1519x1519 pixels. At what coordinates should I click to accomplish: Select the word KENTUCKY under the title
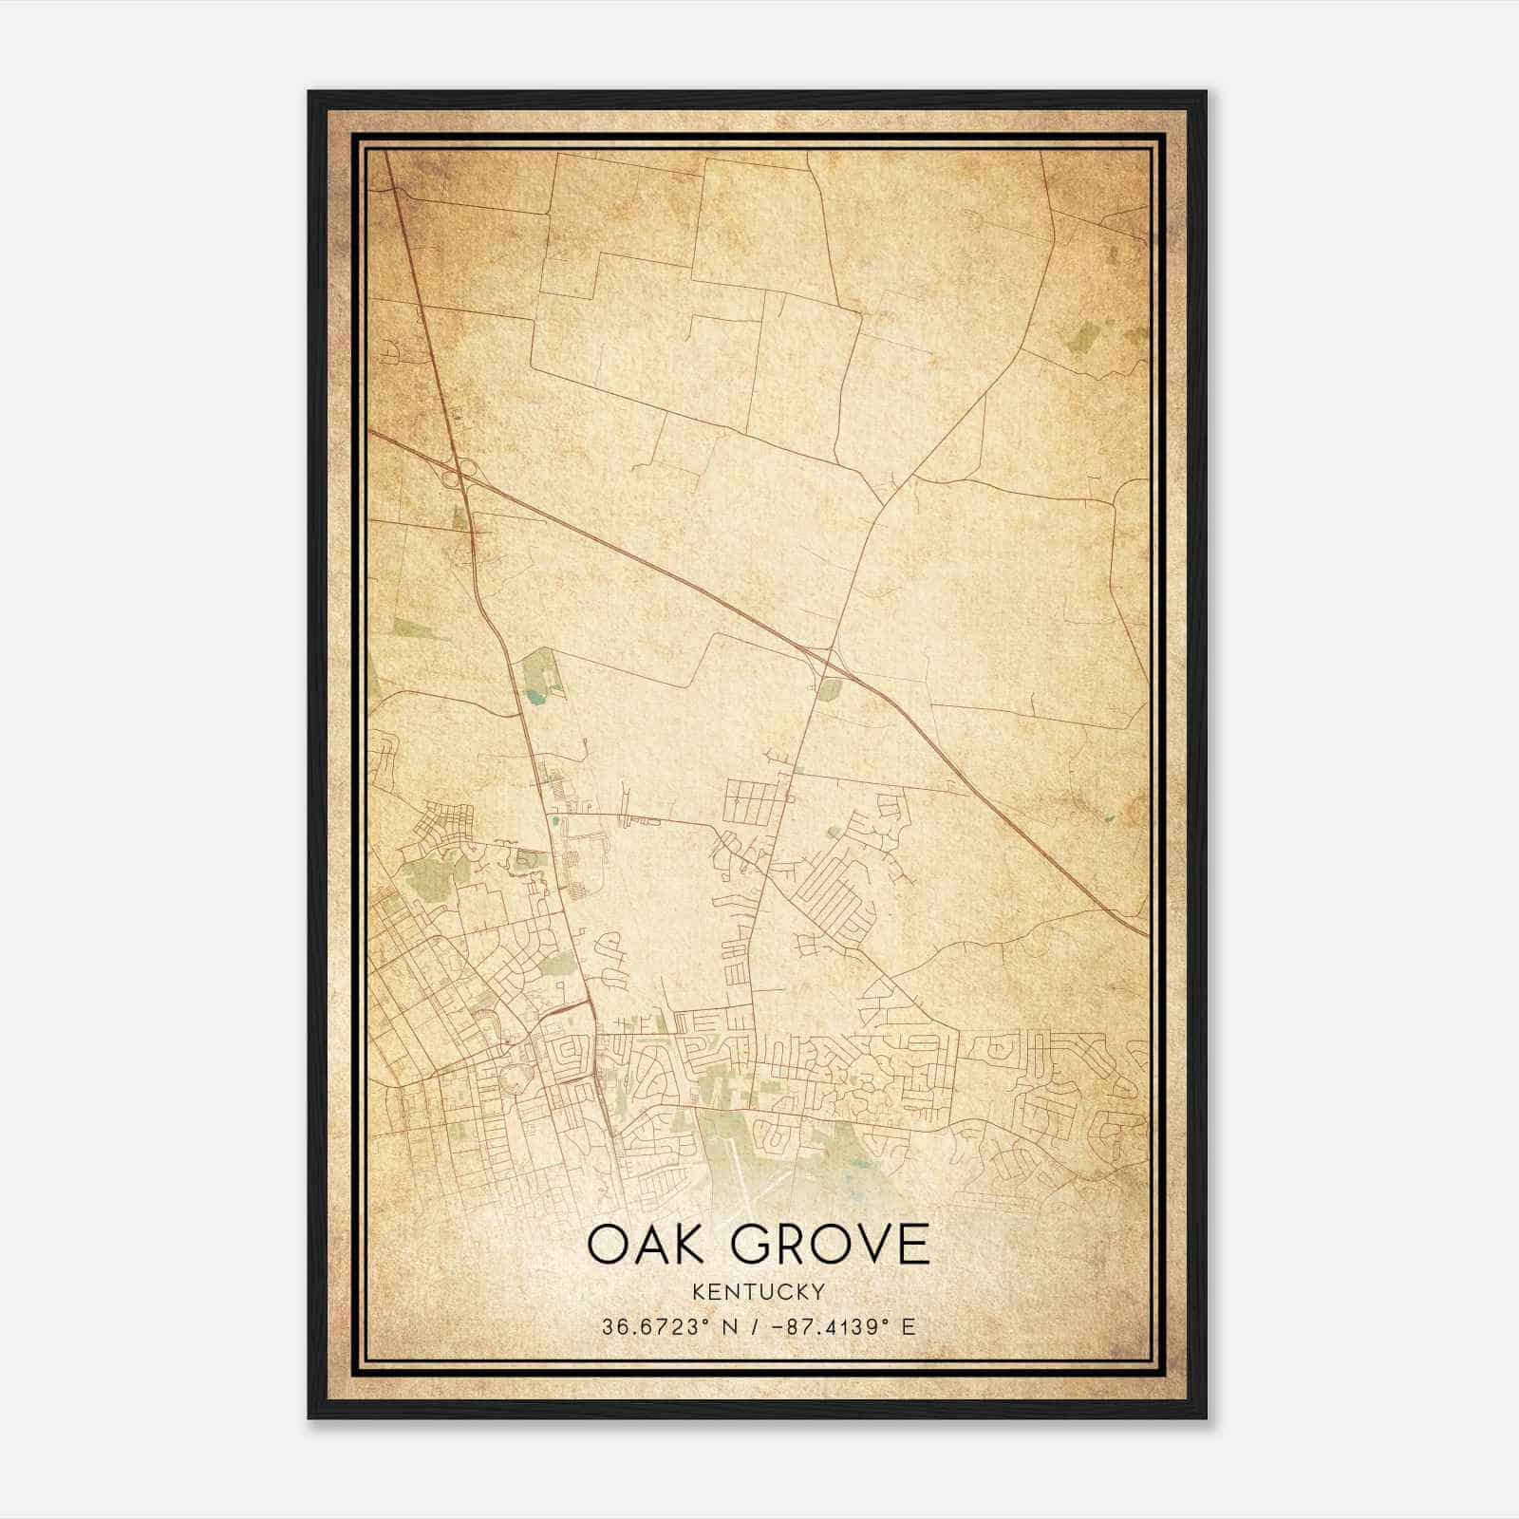click(x=759, y=1292)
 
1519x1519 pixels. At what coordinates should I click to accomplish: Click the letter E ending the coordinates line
click(x=909, y=1326)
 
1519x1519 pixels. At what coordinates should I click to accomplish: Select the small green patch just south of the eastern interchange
click(x=829, y=689)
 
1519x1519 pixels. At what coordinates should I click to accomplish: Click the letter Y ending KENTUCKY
click(x=818, y=1292)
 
